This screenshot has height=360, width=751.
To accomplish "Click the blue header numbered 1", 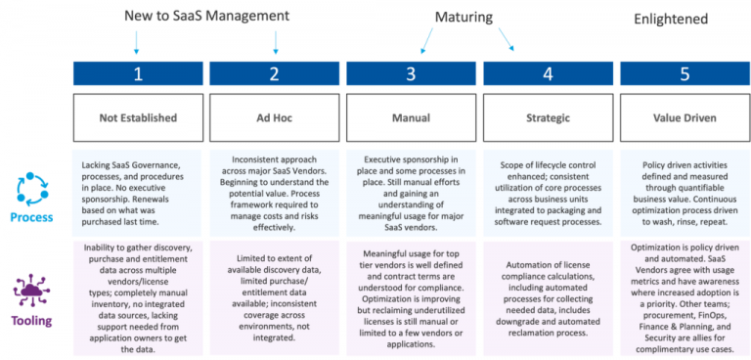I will click(138, 73).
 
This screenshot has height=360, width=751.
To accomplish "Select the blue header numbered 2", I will click(275, 73).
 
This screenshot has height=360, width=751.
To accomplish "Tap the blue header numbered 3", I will click(411, 73).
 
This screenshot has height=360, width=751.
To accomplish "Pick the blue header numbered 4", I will click(548, 73).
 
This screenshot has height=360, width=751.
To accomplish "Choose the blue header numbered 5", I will click(684, 73).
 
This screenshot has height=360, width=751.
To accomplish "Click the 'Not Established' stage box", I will click(138, 118).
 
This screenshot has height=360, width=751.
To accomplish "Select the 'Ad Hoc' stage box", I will click(275, 118).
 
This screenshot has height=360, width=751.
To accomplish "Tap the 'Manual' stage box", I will click(411, 118).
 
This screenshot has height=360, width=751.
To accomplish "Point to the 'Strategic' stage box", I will click(548, 118).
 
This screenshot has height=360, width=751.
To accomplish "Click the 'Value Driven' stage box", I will click(684, 118).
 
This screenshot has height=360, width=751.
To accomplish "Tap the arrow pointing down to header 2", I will click(276, 40).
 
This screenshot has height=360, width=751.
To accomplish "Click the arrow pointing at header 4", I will click(509, 41).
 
